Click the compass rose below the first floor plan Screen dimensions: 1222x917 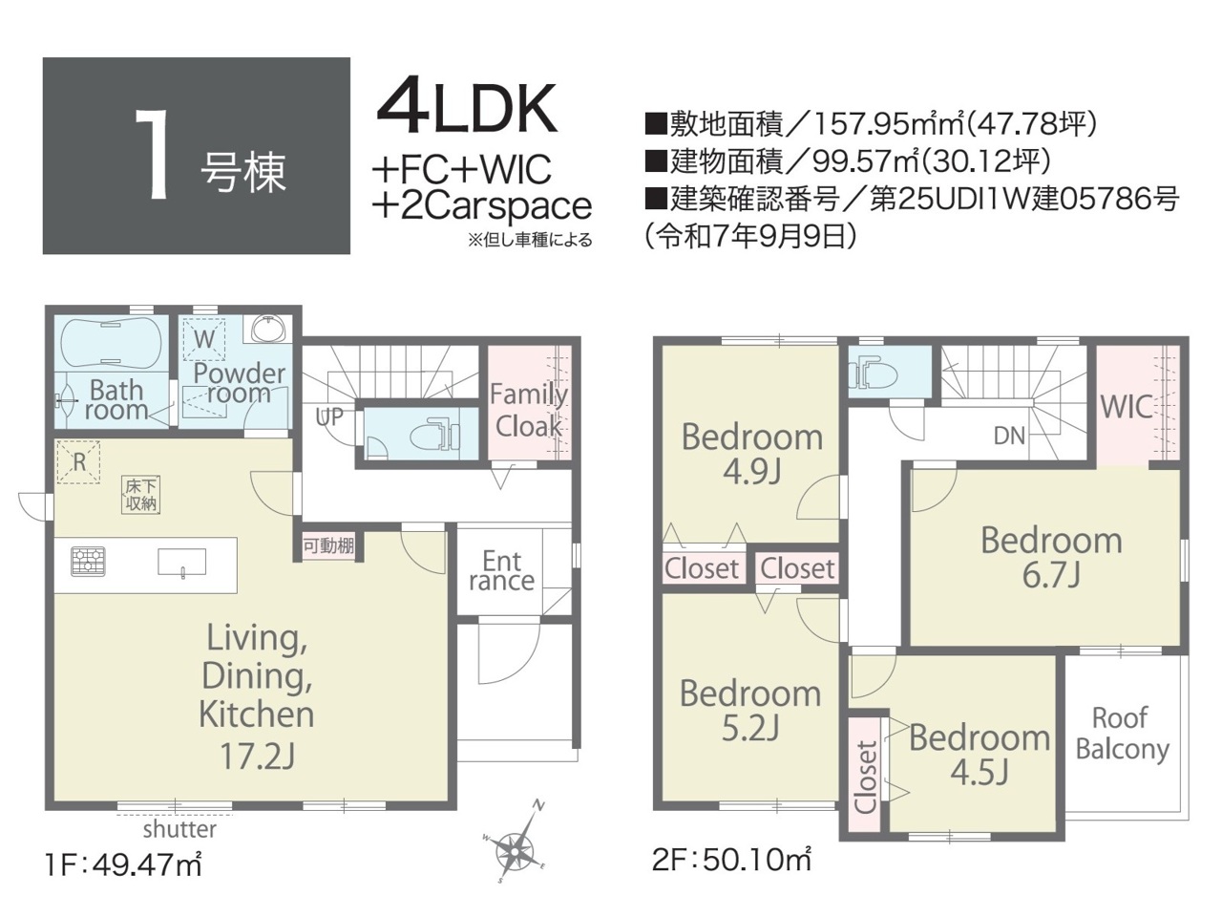pos(515,851)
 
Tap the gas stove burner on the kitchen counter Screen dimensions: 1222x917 pos(89,561)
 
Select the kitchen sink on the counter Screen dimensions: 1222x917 pos(182,563)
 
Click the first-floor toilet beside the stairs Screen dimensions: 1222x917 pos(441,433)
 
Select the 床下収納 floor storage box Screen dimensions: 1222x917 pos(141,495)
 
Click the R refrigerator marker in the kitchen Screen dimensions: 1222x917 pos(79,462)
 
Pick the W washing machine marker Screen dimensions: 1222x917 pos(204,339)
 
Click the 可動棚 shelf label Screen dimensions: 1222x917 pos(328,545)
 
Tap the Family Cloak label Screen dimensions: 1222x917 pos(528,411)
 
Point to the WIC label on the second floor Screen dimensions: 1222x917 pos(1126,407)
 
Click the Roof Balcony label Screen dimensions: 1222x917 pos(1122,733)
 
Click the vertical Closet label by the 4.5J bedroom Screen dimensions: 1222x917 pos(866,778)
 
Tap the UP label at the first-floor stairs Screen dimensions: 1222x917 pos(329,417)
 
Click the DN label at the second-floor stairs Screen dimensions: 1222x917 pos(1009,436)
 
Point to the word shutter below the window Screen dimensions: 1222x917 pos(179,829)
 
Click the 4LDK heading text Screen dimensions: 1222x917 pos(467,109)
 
